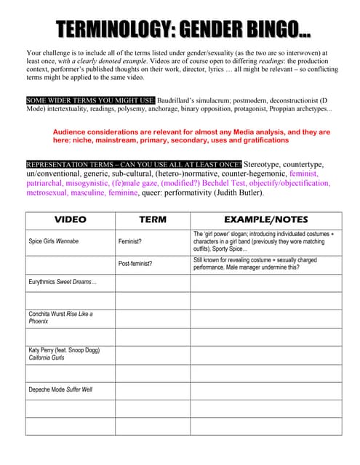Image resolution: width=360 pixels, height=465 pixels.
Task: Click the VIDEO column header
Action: point(70,219)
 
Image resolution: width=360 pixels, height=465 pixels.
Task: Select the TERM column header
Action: point(152,219)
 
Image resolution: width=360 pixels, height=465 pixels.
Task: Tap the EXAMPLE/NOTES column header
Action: point(265,219)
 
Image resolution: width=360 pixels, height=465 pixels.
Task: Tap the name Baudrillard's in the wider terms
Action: point(183,99)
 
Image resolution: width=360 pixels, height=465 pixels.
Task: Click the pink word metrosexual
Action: point(50,193)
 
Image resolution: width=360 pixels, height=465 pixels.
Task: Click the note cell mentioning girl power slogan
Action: point(265,240)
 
